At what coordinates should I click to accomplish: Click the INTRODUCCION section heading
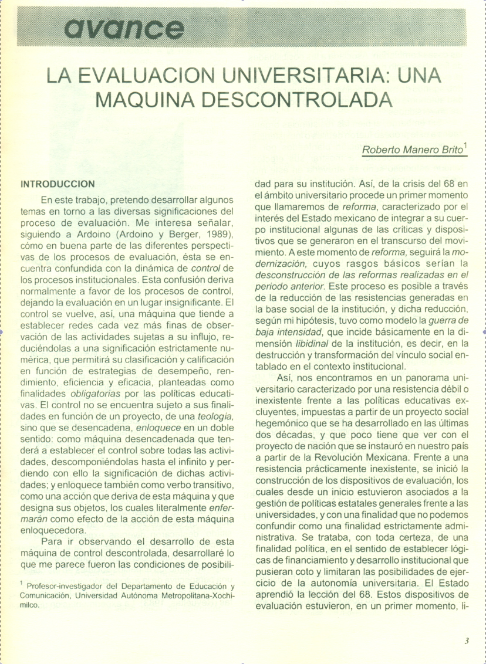[58, 184]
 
